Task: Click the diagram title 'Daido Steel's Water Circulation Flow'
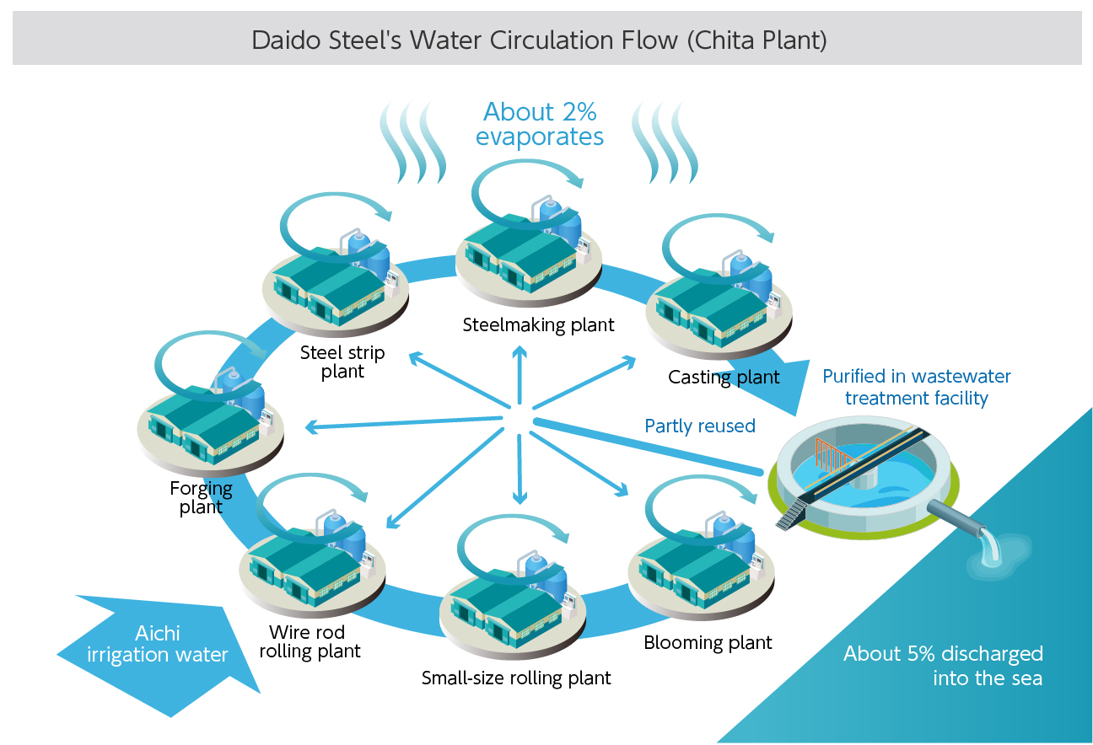540,40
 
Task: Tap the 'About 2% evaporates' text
540,124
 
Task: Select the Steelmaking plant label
538,324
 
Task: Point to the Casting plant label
724,377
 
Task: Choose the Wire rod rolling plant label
310,642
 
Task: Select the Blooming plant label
708,642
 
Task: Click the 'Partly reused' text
699,426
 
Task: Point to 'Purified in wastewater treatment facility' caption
916,387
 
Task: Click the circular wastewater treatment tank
864,485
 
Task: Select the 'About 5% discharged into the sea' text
943,665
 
